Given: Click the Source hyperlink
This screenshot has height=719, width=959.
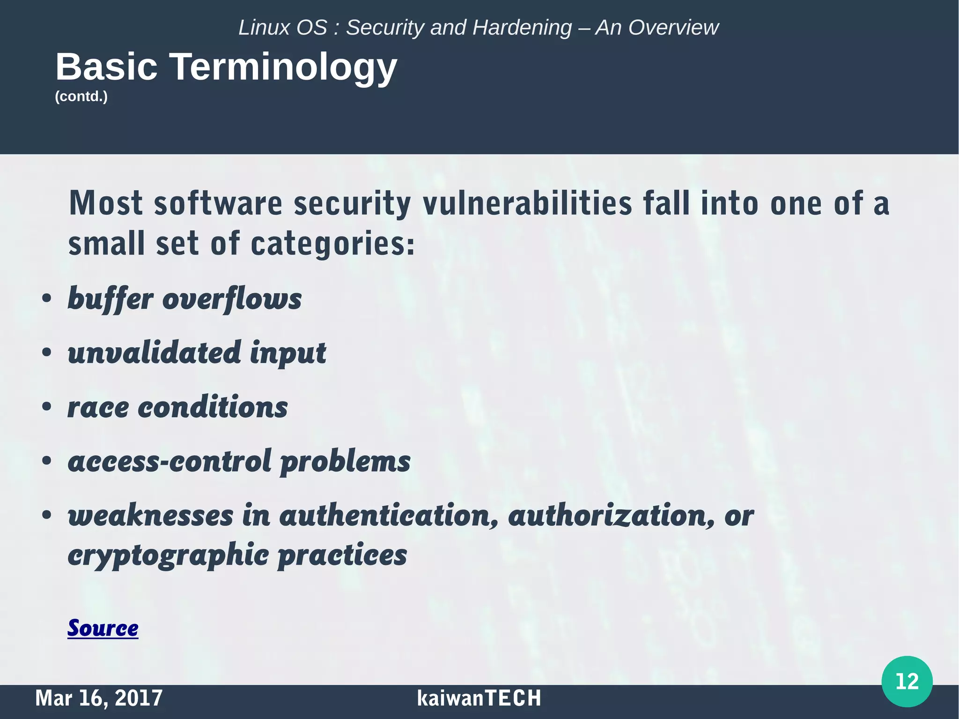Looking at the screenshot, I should pyautogui.click(x=103, y=628).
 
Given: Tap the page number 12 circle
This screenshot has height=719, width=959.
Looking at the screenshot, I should pyautogui.click(x=907, y=682).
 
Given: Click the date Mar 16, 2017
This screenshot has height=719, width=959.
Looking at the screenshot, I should pyautogui.click(x=99, y=698).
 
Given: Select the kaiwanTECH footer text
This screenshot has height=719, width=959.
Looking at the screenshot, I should pyautogui.click(x=479, y=698).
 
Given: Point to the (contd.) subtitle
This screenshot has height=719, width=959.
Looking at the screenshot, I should pyautogui.click(x=81, y=96).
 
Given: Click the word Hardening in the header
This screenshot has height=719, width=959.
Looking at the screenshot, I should pyautogui.click(x=522, y=28).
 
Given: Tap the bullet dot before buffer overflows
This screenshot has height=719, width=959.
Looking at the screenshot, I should pyautogui.click(x=46, y=299).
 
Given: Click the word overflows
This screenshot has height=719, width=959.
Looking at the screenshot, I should pyautogui.click(x=232, y=299).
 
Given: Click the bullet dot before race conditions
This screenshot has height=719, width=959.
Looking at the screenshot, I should pyautogui.click(x=46, y=407).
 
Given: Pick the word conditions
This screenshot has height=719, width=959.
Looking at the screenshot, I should pyautogui.click(x=213, y=407).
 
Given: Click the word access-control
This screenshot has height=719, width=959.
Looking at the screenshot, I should pyautogui.click(x=170, y=461).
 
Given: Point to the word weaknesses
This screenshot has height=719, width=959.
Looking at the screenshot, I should pyautogui.click(x=150, y=516).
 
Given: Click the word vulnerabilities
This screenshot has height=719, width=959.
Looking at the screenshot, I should pyautogui.click(x=528, y=204).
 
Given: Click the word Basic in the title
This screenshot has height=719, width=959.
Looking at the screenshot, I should pyautogui.click(x=107, y=67).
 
